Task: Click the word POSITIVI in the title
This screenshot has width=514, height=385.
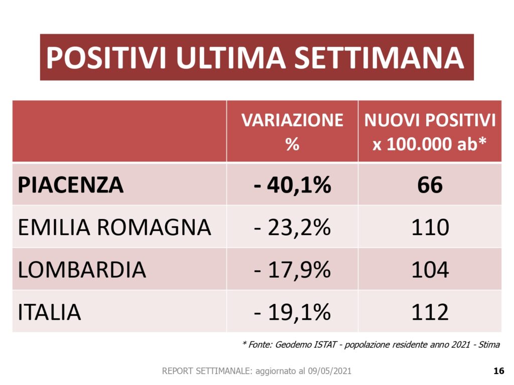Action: tap(106, 58)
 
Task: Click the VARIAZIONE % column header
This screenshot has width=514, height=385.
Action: tap(292, 132)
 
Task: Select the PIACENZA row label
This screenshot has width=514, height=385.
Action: tap(71, 185)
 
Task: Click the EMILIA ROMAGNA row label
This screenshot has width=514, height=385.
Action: tap(114, 228)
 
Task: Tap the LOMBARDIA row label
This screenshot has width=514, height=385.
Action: tap(82, 270)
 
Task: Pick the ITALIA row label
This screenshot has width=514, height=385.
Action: tap(49, 312)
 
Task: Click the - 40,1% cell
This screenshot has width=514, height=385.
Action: tap(292, 185)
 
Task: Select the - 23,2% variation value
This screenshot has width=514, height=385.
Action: tap(292, 228)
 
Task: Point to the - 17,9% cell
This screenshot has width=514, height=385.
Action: tap(292, 270)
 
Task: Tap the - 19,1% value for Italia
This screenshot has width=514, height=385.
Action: tap(292, 312)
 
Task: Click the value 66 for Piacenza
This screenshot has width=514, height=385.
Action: tap(430, 185)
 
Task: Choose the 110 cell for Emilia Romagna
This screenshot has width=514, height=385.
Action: tap(430, 228)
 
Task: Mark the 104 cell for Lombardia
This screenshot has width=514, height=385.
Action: tap(430, 270)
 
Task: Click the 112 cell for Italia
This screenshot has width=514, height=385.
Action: tap(430, 312)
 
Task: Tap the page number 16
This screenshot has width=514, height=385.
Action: tap(498, 371)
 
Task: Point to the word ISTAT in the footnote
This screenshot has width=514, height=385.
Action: tap(324, 345)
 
